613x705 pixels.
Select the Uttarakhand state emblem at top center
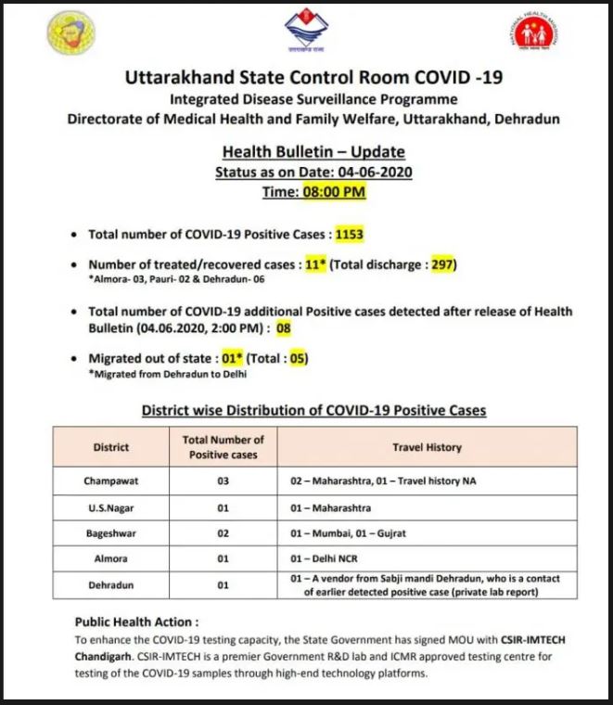(307, 31)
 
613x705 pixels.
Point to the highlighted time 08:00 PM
(334, 192)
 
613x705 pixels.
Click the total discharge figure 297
(442, 264)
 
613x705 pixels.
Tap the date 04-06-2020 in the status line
(376, 172)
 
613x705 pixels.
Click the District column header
(111, 447)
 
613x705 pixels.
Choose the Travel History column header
(426, 447)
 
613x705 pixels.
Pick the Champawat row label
(111, 482)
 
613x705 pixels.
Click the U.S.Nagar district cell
(111, 508)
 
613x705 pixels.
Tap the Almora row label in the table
(111, 559)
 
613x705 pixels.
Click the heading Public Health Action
(136, 622)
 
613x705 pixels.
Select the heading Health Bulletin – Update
(313, 151)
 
